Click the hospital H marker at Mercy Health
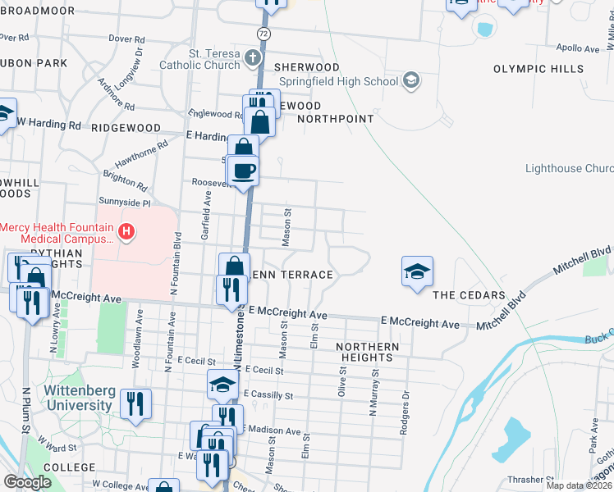[126, 232]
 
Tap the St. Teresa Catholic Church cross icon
[252, 59]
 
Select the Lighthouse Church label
[569, 169]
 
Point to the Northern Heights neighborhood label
[368, 352]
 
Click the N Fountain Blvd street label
[176, 263]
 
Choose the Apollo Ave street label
[578, 48]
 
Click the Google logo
[28, 481]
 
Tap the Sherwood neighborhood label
[307, 66]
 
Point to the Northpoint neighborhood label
[335, 119]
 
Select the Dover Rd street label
[126, 39]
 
